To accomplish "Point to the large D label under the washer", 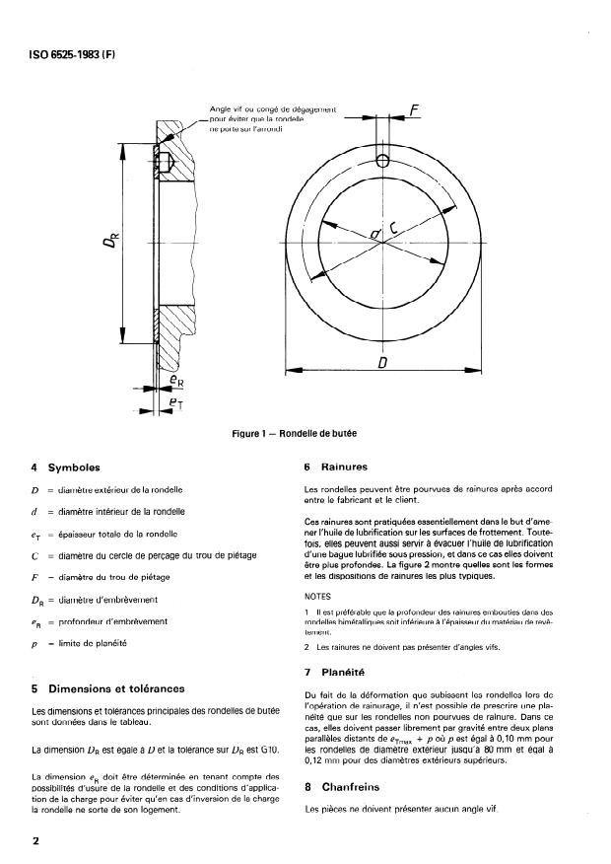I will coord(381,363).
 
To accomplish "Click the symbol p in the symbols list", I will coord(35,642).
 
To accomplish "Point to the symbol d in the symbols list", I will coord(35,511).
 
